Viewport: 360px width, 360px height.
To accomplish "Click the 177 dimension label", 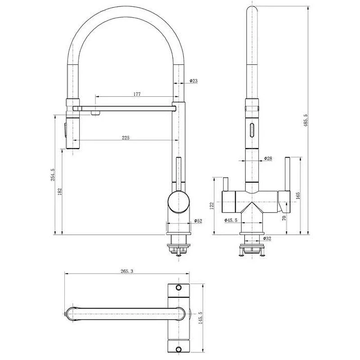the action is [137, 94].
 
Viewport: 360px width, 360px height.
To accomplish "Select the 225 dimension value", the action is [126, 138].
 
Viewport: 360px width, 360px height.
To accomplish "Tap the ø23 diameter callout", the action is [193, 81].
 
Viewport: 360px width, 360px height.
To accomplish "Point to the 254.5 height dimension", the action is [53, 175].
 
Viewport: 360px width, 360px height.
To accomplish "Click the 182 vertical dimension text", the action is [60, 192].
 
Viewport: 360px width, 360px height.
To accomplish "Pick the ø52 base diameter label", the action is [198, 221].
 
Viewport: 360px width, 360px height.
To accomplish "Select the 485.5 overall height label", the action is [306, 120].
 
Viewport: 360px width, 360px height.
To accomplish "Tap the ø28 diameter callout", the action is [268, 158].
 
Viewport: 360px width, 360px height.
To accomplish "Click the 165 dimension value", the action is [298, 196].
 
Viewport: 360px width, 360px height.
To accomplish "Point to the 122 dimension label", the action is [211, 206].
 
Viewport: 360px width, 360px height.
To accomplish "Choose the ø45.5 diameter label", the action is [231, 220].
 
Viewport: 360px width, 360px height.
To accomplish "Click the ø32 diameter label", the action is [267, 238].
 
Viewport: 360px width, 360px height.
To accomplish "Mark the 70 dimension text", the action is [284, 218].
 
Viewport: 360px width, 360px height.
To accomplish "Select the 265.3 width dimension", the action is [127, 271].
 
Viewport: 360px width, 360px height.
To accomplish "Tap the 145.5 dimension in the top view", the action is [200, 318].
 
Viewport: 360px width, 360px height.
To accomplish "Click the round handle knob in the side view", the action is [179, 202].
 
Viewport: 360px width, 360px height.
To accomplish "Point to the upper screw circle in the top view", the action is [178, 288].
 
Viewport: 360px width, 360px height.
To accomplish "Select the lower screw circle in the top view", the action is [178, 350].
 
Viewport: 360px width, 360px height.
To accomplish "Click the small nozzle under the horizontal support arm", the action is [95, 113].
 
